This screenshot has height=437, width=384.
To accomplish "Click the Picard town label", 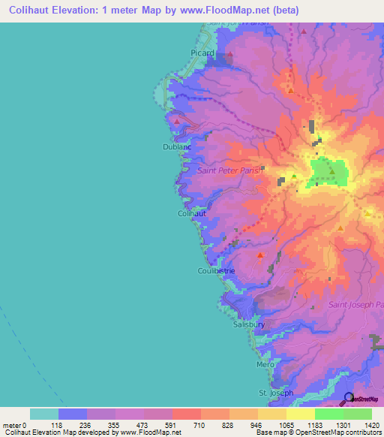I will coord(202,53).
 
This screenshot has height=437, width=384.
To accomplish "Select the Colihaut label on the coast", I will coord(191,213).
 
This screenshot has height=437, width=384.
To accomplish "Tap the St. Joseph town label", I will coord(274,393).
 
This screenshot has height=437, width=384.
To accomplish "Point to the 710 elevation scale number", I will coord(200,425).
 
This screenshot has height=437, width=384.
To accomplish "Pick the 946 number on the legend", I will coord(257,425).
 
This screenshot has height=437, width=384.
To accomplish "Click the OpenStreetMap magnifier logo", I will coord(349,398).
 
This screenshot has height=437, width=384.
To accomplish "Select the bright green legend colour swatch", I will coord(328,414).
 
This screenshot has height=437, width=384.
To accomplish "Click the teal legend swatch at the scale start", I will coord(44,414).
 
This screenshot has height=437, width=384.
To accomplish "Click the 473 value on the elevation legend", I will coord(143,425).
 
